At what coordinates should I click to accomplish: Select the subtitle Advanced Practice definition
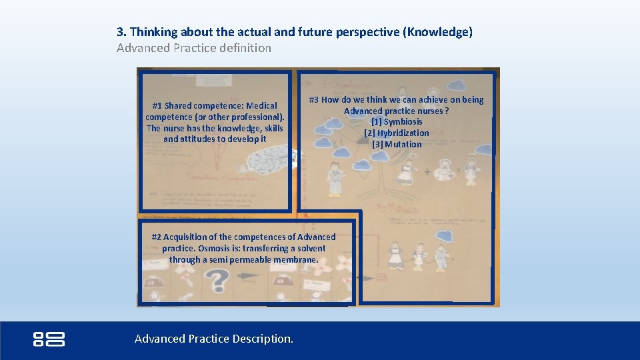click(x=194, y=48)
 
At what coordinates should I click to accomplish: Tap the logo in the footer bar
click(x=49, y=339)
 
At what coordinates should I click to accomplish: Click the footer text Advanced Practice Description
click(x=213, y=339)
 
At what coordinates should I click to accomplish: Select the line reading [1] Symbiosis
click(x=397, y=122)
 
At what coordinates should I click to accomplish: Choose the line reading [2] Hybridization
click(x=397, y=133)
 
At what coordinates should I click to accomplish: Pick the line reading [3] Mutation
click(x=397, y=145)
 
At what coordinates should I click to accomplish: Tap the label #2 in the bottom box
click(x=157, y=237)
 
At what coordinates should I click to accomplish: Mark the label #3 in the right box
click(x=313, y=100)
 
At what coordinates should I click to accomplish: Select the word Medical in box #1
click(x=261, y=106)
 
